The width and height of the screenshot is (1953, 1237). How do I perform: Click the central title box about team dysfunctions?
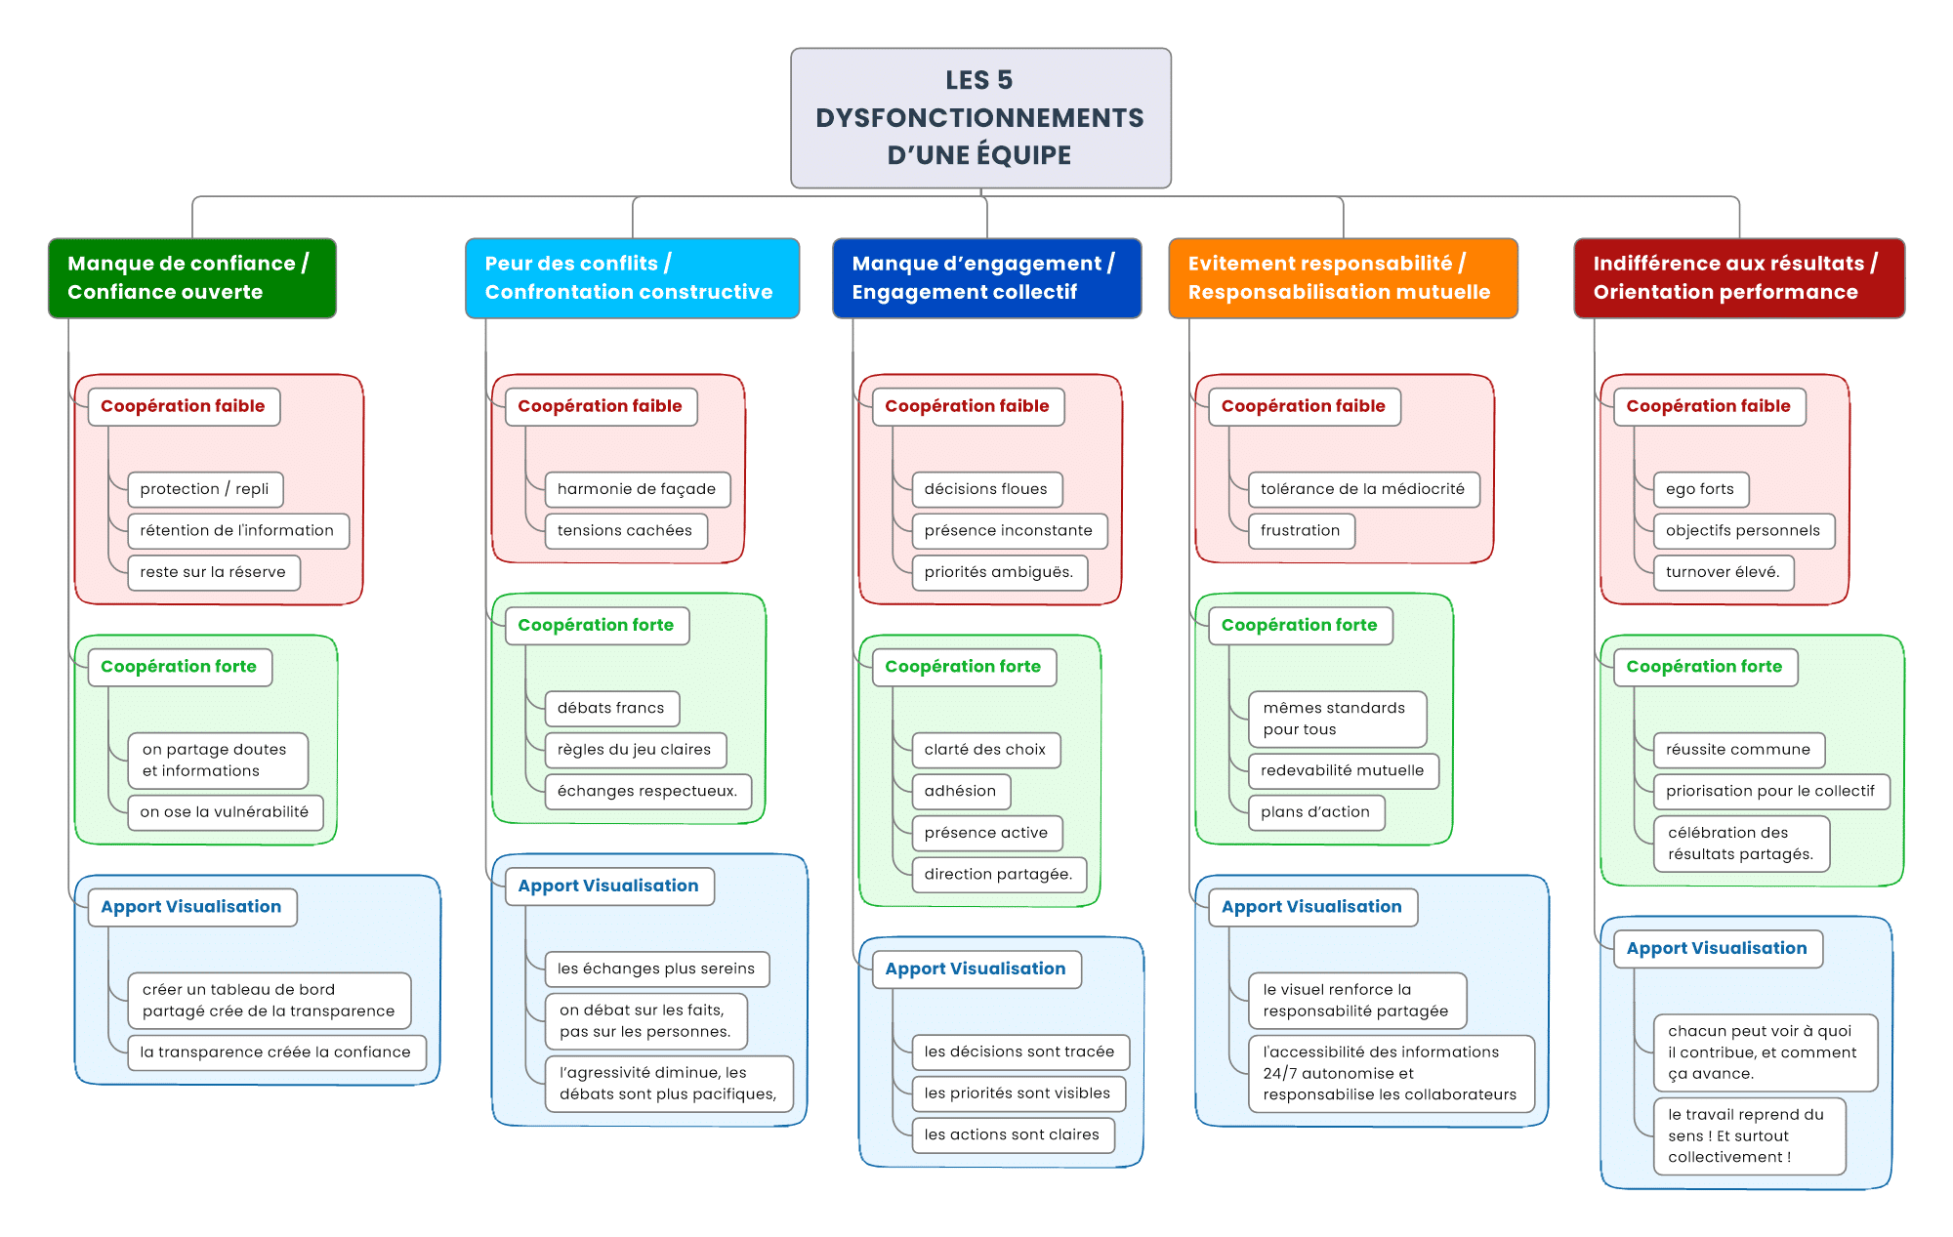(980, 117)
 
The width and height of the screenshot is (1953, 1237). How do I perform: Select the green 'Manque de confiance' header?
(192, 278)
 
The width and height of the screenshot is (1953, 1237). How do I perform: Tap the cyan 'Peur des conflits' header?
(632, 278)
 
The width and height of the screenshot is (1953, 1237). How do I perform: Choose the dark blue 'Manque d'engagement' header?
(986, 278)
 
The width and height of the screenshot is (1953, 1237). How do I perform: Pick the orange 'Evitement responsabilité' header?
(1343, 278)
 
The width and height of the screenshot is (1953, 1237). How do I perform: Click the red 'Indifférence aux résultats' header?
(1738, 278)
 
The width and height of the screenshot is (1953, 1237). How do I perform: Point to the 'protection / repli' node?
(205, 489)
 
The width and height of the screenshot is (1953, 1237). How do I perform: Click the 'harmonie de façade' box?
(637, 489)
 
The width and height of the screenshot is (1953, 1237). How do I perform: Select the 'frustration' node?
(1301, 531)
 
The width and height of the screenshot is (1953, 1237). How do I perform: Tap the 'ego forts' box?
(1700, 489)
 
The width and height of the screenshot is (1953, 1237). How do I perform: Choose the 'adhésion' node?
(961, 791)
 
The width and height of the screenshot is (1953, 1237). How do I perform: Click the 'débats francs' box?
(611, 708)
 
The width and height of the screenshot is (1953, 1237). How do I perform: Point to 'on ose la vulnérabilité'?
(225, 812)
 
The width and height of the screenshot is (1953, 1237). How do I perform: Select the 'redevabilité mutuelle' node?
(1343, 770)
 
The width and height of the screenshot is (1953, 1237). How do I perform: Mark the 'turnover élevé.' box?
(1724, 572)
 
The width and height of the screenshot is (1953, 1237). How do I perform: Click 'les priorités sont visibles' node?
(1018, 1093)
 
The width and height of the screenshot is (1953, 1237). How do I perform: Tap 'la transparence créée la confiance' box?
(275, 1052)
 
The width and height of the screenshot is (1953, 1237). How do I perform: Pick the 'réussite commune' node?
(1738, 750)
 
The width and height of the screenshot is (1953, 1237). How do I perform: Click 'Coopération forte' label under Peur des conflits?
(597, 626)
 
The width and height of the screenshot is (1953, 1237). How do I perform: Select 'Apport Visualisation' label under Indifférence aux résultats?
(1718, 949)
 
